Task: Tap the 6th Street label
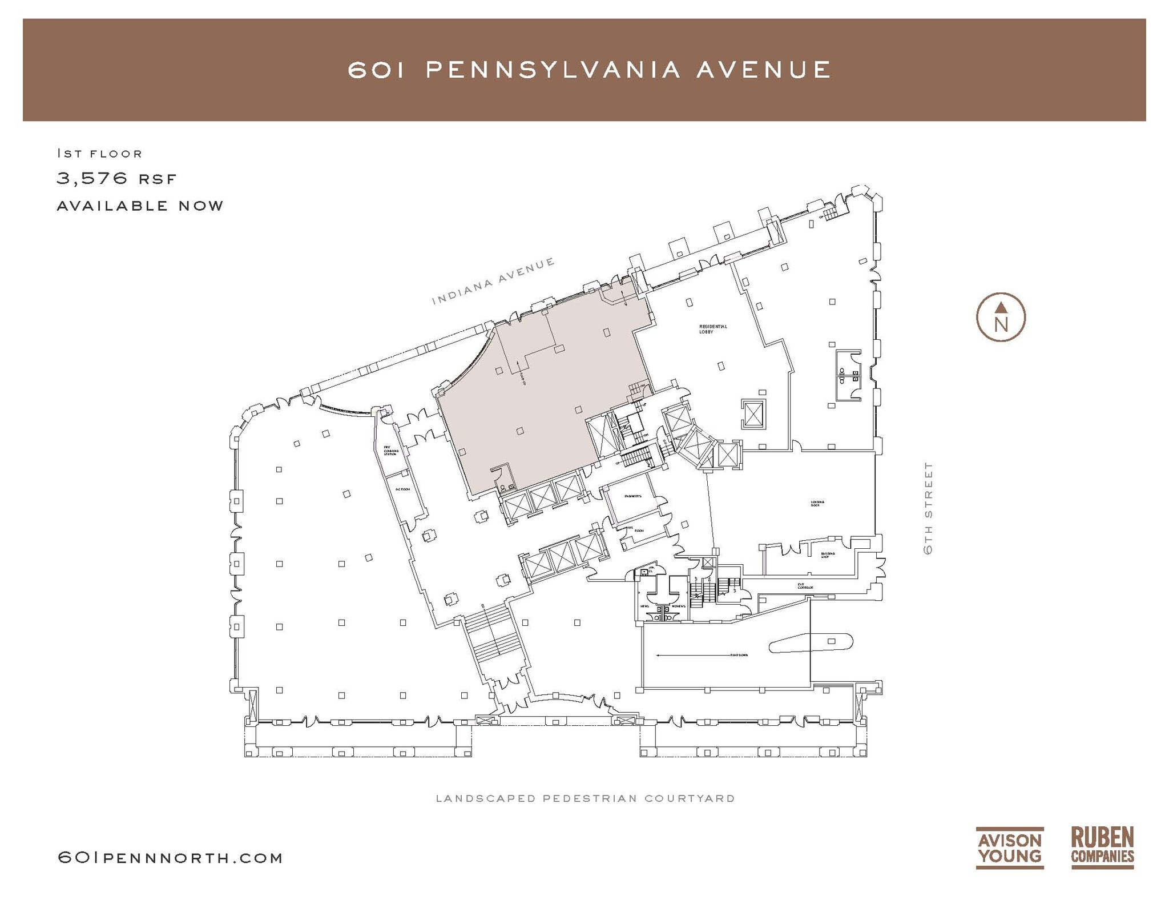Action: [928, 508]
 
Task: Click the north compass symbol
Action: [1001, 318]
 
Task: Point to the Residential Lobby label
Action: [713, 329]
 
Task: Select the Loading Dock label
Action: [817, 504]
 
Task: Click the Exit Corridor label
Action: [805, 586]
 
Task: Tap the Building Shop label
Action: [828, 555]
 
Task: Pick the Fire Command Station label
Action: [390, 451]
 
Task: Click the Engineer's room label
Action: [633, 496]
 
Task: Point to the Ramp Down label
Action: [739, 655]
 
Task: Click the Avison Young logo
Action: [1009, 848]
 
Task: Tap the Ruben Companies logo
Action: [1102, 848]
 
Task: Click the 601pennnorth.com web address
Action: [170, 858]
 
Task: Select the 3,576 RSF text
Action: [116, 179]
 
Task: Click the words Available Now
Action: [140, 206]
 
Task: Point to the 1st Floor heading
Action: [99, 153]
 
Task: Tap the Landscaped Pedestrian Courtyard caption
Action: [585, 798]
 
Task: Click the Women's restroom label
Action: [678, 606]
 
